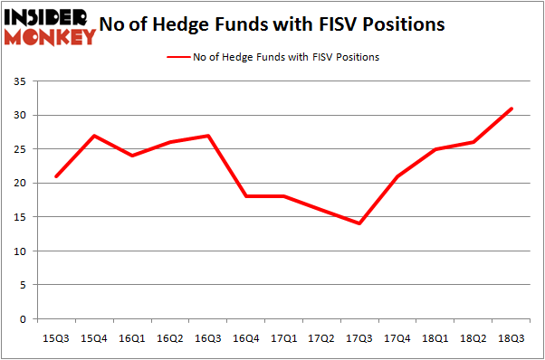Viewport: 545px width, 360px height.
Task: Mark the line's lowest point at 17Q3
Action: point(359,223)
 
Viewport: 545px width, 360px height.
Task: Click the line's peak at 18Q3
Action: point(511,109)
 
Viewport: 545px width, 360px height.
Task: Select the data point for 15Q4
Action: point(94,136)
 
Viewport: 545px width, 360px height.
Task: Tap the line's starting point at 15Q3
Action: point(56,176)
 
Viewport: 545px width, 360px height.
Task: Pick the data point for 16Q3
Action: point(207,136)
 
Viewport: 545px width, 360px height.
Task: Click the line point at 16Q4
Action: point(245,196)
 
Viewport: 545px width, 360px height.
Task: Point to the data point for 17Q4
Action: point(397,176)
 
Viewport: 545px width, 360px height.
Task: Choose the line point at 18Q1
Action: point(435,149)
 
